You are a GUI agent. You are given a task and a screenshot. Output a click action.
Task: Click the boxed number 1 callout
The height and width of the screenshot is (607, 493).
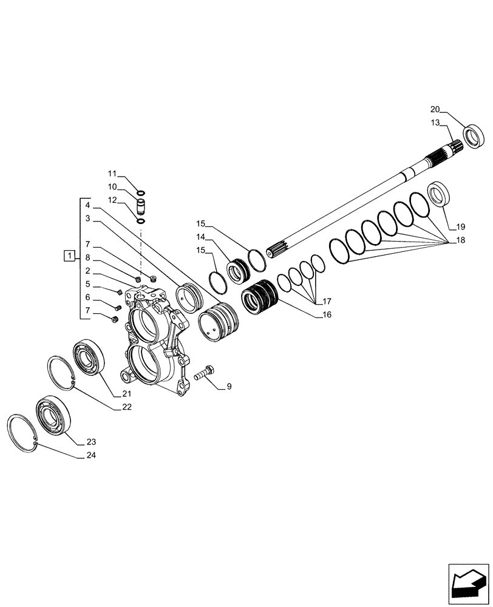(70, 256)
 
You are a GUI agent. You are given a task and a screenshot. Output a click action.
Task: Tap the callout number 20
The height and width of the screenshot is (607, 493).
(435, 109)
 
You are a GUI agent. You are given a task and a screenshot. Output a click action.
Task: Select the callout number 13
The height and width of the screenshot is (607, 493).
(435, 123)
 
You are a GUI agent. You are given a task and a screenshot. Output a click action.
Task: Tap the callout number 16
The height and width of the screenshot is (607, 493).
(327, 314)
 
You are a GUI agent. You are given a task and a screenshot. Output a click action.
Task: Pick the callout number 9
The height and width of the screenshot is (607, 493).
(229, 386)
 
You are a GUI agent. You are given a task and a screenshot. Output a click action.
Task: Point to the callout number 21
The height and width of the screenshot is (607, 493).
(126, 394)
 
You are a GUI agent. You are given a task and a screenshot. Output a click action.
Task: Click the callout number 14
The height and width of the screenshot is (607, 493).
(202, 237)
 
